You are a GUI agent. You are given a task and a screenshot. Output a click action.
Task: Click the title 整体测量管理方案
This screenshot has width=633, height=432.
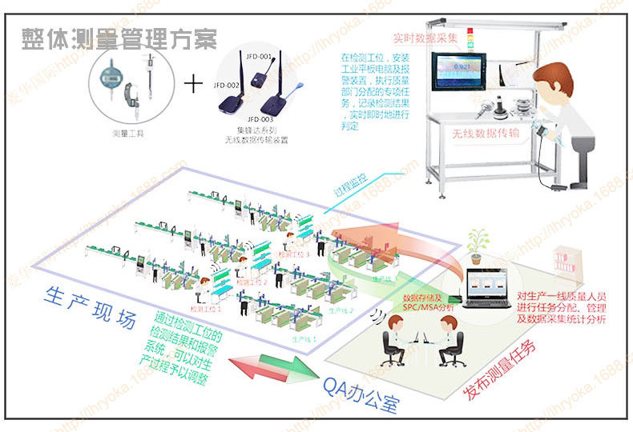coord(119,37)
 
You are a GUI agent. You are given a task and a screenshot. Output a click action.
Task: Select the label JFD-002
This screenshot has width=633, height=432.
coord(225,84)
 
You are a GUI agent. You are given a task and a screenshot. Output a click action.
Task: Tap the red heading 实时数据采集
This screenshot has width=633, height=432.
coord(425,38)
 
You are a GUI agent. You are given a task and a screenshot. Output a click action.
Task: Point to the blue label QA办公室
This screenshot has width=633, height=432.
coord(360,393)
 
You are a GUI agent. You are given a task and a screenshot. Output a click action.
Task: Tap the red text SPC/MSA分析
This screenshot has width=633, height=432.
coord(429,307)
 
